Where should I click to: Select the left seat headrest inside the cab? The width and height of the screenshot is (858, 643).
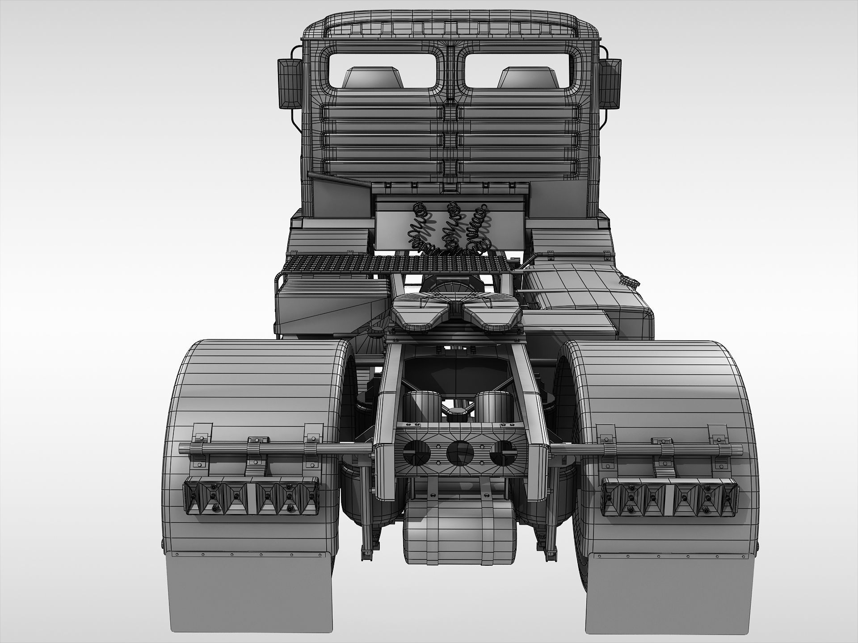click(x=373, y=77)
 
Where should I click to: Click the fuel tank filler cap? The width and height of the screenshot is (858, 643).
click(x=631, y=281)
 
